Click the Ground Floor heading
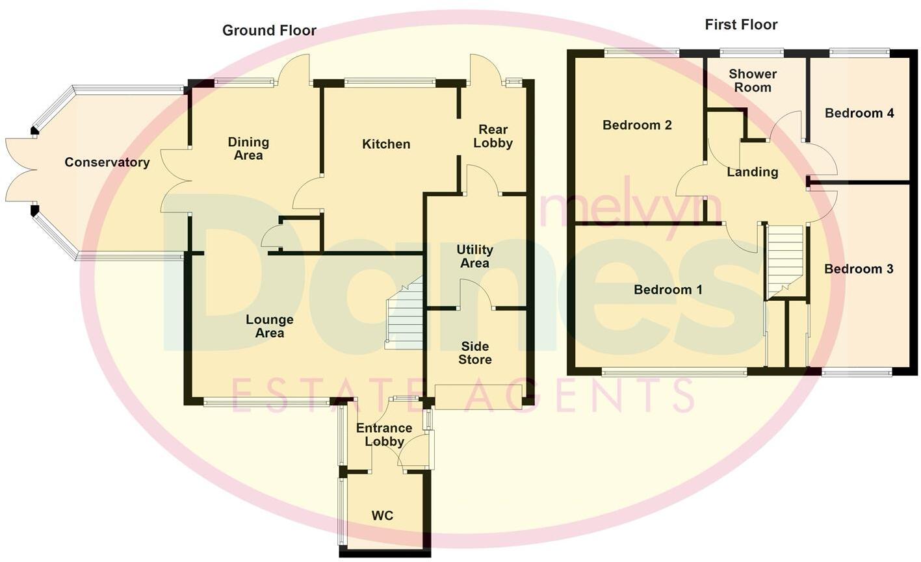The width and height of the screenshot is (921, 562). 269,31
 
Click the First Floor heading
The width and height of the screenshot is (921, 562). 741,25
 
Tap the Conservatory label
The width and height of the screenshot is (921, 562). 107,162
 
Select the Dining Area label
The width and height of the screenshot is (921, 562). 248,149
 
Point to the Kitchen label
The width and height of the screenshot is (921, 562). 386,144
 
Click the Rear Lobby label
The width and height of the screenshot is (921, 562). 493,136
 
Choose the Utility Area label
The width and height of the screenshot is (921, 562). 474,257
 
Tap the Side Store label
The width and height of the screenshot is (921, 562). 475,353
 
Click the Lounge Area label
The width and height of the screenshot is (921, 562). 270,326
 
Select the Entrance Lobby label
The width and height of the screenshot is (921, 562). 384,435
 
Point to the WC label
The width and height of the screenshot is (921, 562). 382,516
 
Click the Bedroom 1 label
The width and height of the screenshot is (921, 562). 668,290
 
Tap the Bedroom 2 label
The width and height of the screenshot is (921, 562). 637,125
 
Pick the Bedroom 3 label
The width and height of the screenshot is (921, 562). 859,269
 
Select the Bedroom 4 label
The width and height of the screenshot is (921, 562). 859,113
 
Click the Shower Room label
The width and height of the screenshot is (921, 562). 753,81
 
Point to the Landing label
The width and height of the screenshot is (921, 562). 753,172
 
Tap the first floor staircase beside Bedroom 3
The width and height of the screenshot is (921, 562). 786,260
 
